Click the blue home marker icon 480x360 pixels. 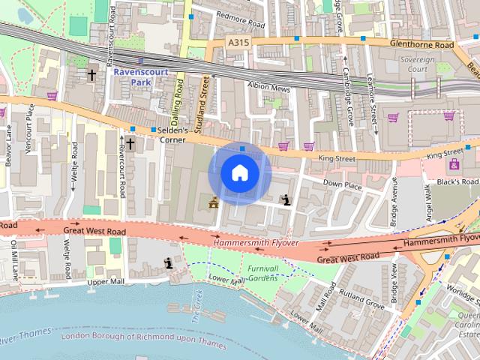(x=240, y=173)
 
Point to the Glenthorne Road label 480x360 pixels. (x=422, y=45)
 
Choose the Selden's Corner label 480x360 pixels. (x=172, y=135)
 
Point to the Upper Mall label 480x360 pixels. (x=103, y=283)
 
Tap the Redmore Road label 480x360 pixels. (x=240, y=14)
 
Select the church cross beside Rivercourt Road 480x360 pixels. (x=130, y=143)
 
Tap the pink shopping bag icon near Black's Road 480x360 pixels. (x=454, y=164)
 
